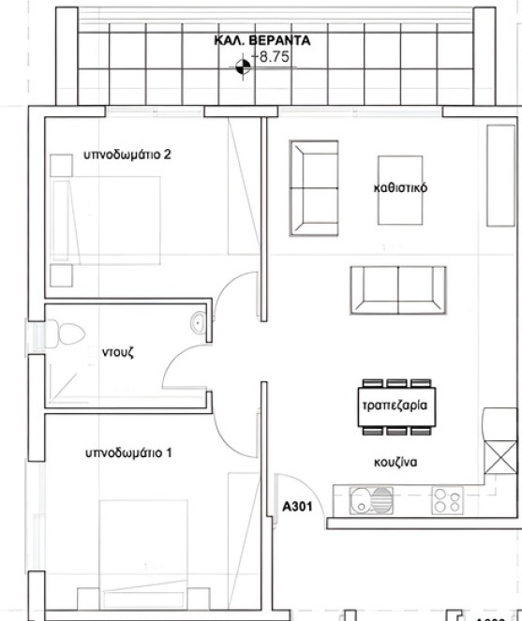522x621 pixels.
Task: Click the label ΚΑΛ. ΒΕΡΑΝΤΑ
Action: point(262,41)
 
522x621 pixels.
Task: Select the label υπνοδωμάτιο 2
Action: point(127,155)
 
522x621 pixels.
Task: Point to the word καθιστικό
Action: point(400,187)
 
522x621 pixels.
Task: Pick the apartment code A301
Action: point(296,507)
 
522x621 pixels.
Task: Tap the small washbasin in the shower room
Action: point(197,324)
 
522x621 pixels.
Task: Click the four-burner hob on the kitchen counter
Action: point(444,501)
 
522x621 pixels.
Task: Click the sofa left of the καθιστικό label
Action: point(313,190)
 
